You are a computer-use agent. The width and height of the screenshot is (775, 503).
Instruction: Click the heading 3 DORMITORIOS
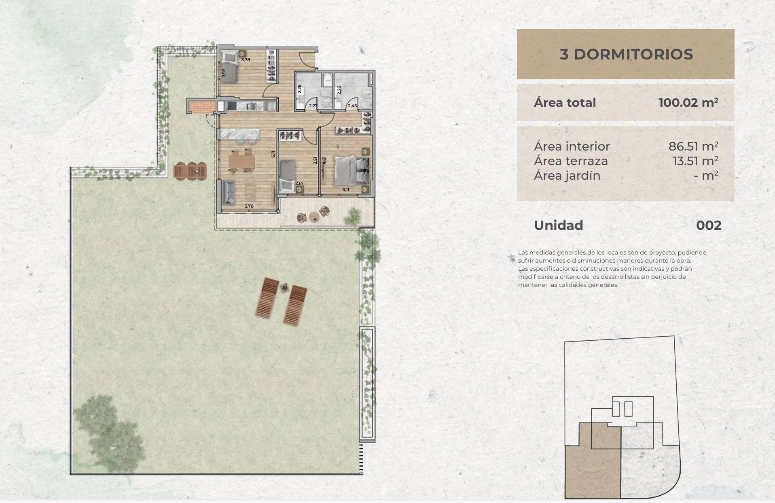tap(626, 54)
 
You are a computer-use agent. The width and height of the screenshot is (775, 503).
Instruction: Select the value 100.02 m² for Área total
tap(688, 102)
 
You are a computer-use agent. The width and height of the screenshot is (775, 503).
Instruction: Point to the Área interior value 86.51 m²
tap(693, 146)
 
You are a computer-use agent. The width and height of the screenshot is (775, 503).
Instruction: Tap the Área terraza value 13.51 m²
tap(695, 161)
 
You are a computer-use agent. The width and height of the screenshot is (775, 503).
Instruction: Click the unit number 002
tap(709, 225)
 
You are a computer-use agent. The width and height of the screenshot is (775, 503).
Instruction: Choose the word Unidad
tap(559, 225)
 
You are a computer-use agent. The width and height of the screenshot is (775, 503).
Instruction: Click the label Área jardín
tap(567, 176)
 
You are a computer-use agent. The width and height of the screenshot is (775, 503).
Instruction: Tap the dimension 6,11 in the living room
tap(273, 154)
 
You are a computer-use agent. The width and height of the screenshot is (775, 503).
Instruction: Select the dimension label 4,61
tap(324, 160)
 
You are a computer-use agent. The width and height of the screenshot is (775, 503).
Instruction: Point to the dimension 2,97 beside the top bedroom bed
tap(224, 73)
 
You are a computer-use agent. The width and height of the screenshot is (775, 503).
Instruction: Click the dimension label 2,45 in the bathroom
tap(352, 106)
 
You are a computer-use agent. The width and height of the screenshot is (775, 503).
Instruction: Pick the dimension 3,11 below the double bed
tap(345, 189)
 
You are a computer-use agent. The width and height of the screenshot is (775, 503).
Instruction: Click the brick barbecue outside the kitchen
tap(201, 106)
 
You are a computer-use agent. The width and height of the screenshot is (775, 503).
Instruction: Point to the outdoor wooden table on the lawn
tap(190, 171)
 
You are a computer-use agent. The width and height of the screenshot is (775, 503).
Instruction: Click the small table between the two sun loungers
tap(284, 287)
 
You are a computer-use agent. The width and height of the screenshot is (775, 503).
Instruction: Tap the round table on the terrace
tap(313, 217)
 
